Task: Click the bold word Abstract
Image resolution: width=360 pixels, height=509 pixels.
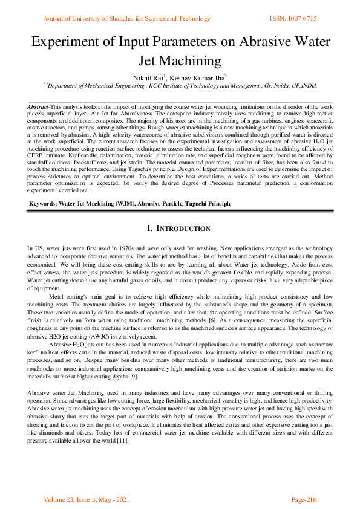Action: (38, 107)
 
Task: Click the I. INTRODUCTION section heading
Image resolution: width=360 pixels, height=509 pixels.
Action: (179, 229)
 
